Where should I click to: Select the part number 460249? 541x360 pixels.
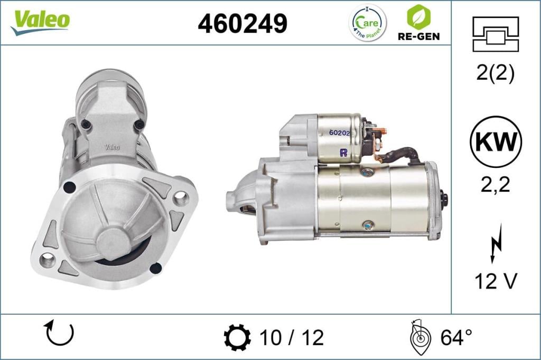[x=242, y=23]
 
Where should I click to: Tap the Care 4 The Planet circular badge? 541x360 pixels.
[x=368, y=23]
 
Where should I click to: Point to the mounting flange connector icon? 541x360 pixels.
[x=496, y=34]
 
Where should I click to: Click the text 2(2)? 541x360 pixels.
[x=495, y=73]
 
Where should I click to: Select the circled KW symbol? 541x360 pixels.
[x=496, y=142]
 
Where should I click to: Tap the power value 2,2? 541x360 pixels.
[x=496, y=185]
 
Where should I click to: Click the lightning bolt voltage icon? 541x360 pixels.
[x=495, y=243]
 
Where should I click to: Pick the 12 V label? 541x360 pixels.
[x=495, y=281]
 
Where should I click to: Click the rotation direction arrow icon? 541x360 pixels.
[x=59, y=333]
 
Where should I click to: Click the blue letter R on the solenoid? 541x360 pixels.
[x=343, y=153]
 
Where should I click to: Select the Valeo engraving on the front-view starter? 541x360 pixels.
[x=112, y=146]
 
